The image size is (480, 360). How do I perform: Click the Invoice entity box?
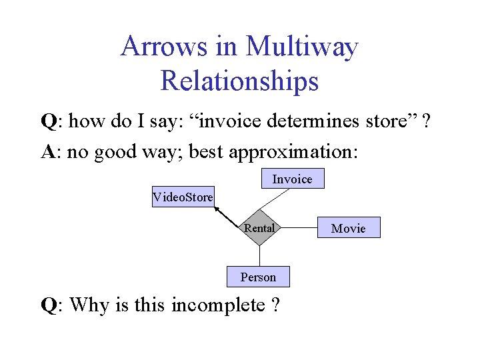[x=292, y=179]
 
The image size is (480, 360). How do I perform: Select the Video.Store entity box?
[x=183, y=197]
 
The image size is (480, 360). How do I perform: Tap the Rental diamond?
[x=259, y=228]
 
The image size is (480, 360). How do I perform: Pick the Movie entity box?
[x=349, y=228]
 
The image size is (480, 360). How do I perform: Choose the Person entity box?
[x=258, y=277]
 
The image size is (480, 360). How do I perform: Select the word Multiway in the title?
[x=302, y=47]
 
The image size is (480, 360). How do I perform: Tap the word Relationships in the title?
[x=239, y=81]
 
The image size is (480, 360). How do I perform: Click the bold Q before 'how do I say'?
[x=48, y=121]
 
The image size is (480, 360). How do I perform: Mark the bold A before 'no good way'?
[x=48, y=152]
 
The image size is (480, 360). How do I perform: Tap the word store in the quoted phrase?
[x=389, y=121]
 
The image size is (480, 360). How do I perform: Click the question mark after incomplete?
[x=274, y=305]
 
